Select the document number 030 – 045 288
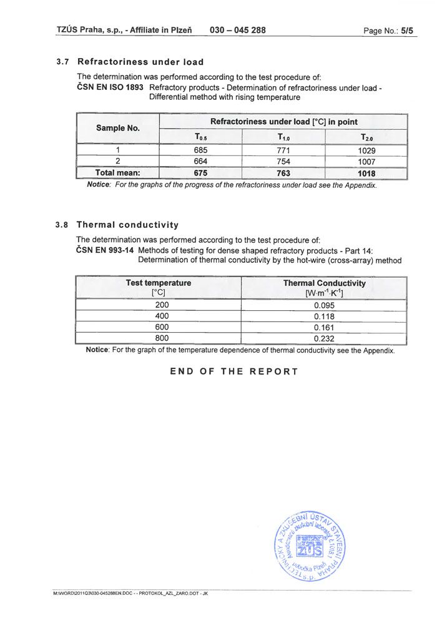pos(238,29)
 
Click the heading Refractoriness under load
pos(140,62)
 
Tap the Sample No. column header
pos(117,128)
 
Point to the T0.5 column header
pos(200,137)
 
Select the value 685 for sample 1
pos(200,150)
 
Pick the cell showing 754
pos(283,162)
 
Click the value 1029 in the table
pos(366,150)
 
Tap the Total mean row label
pos(117,173)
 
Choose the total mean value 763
pos(283,173)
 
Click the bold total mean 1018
pos(366,173)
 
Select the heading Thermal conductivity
pos(127,225)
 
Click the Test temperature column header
pos(159,288)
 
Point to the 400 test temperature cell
pos(161,316)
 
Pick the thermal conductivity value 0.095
pos(325,305)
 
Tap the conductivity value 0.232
pos(325,338)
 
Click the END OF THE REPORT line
pos(234,371)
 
